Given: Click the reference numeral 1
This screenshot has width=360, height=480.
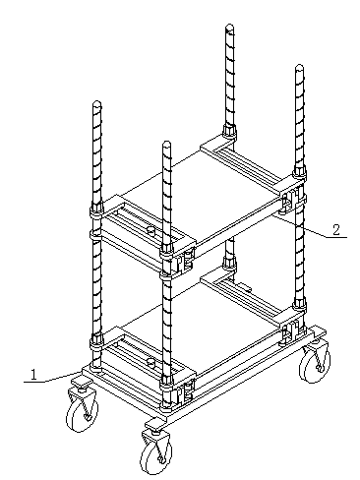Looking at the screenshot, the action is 33,375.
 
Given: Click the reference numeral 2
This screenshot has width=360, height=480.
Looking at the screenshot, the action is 336,230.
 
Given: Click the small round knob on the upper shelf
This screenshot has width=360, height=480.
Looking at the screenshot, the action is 150,230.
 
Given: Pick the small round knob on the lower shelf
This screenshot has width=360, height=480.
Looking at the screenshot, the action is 150,362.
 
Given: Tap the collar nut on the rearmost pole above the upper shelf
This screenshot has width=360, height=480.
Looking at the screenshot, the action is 229,130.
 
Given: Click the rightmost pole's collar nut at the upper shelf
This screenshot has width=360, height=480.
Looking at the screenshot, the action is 299,171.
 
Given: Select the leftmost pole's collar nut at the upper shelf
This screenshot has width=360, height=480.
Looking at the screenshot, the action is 96,209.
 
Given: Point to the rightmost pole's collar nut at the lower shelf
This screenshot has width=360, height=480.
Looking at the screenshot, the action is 299,304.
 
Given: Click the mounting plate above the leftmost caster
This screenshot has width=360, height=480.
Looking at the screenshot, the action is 82,382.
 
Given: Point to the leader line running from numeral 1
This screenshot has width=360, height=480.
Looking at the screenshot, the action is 52,378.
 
